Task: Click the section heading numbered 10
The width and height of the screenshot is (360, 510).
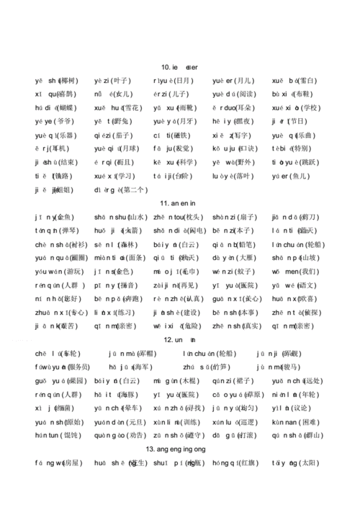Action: coord(179,67)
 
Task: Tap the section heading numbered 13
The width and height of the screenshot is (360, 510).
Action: coord(179,448)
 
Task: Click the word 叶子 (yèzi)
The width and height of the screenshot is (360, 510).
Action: coord(113,81)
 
